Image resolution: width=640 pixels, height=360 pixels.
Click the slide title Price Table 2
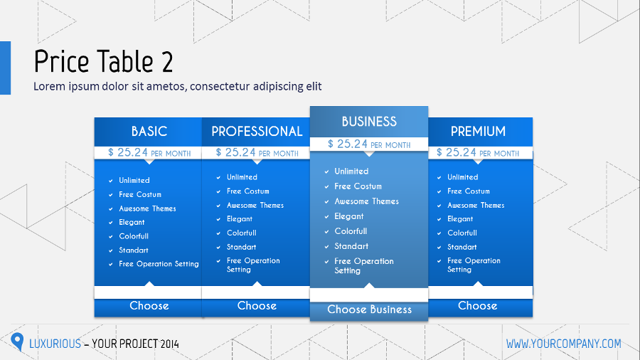tap(103, 62)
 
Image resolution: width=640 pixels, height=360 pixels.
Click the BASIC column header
tap(149, 131)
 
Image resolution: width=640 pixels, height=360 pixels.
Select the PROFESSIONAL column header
tap(257, 131)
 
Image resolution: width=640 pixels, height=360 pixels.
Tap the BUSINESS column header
tap(369, 121)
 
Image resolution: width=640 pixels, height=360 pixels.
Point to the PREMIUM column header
tap(478, 131)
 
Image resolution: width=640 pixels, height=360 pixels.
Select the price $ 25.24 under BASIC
tap(128, 152)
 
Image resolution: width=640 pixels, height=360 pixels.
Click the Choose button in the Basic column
tap(149, 306)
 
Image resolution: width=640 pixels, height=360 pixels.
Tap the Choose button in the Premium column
tap(478, 306)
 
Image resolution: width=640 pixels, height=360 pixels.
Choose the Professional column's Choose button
tap(257, 306)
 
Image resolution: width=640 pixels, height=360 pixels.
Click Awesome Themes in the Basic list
tap(147, 208)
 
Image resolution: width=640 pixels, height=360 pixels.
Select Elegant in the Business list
tap(349, 216)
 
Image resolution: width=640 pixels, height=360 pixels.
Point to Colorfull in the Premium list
tap(462, 233)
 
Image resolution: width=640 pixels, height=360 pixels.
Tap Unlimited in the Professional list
tap(242, 177)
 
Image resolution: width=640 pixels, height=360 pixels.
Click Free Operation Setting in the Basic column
tap(159, 264)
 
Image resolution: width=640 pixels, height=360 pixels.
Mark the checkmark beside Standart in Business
tap(326, 246)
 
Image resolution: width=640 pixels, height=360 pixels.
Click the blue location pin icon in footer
tap(18, 342)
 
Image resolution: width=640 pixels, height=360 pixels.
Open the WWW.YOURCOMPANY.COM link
tap(563, 344)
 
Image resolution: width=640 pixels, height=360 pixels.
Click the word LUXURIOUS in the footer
tap(55, 344)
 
